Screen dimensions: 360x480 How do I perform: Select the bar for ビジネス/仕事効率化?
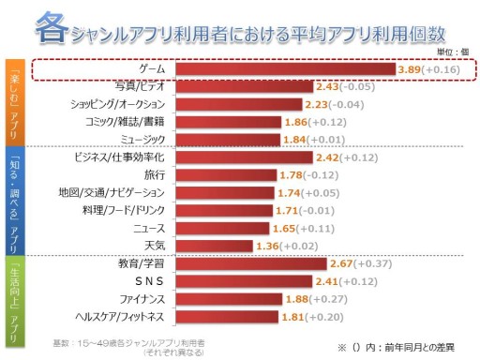click(x=247, y=157)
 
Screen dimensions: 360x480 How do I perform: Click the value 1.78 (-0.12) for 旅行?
click(x=314, y=175)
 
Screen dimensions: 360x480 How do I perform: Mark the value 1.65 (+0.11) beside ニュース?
click(x=308, y=228)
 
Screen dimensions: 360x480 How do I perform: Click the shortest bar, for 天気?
click(x=213, y=246)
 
